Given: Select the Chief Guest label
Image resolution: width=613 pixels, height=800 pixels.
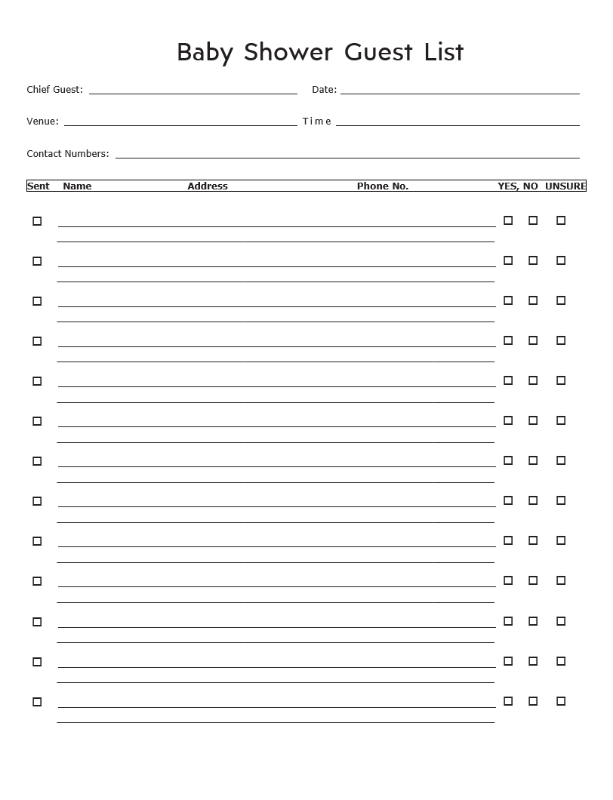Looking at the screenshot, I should [54, 90].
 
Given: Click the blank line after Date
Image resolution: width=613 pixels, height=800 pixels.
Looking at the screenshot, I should [460, 93].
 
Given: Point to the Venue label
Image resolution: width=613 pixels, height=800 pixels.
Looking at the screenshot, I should [42, 122].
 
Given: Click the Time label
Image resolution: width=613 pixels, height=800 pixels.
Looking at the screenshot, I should [316, 122].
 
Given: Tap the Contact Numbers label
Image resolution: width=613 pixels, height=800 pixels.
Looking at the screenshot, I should [68, 154].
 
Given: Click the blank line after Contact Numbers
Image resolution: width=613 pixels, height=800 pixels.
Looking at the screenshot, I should [347, 157].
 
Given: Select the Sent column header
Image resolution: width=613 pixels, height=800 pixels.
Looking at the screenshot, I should [39, 186].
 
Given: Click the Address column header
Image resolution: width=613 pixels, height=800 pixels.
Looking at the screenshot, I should [208, 186].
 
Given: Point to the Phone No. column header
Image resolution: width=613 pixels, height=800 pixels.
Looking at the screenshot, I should [383, 186].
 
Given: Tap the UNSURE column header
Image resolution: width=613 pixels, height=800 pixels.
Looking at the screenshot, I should [565, 186].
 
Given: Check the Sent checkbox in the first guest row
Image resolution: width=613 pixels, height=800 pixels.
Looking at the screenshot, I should [37, 221].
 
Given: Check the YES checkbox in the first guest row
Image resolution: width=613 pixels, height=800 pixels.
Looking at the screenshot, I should [508, 220].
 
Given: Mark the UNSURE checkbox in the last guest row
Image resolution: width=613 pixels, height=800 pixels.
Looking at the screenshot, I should [561, 701].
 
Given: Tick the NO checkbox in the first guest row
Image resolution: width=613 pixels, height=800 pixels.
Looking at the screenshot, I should [533, 220].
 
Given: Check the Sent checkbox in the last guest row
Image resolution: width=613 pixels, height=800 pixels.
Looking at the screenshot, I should [37, 702].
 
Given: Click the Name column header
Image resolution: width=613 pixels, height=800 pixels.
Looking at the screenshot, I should [77, 186].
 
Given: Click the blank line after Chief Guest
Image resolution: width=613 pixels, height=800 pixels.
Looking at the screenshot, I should [193, 93].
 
